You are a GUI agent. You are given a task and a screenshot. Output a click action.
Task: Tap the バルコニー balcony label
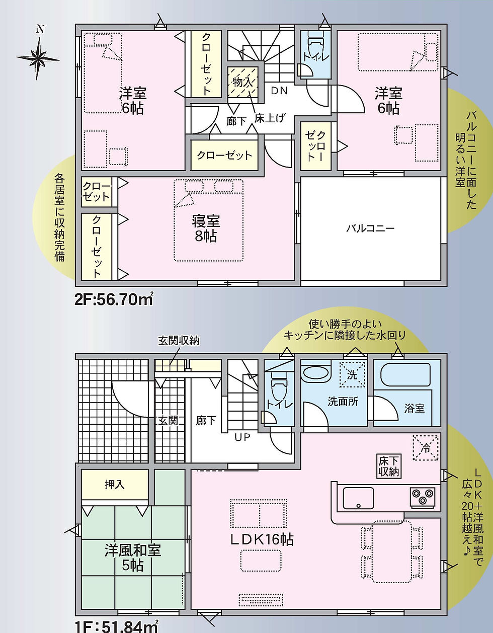(x=370, y=228)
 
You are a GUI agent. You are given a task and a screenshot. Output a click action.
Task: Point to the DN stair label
(x=279, y=91)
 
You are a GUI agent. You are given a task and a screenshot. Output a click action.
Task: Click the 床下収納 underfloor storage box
(x=389, y=466)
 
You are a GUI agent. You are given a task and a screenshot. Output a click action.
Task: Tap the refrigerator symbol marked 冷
(x=426, y=448)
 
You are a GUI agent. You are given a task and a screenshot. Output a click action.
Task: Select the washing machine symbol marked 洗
(x=352, y=374)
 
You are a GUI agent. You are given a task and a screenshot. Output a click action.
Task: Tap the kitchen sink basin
(x=359, y=498)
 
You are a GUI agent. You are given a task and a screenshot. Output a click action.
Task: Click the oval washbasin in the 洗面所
(x=316, y=373)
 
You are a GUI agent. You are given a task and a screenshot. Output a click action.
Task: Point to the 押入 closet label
(x=114, y=485)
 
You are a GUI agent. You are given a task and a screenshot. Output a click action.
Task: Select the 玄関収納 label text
(x=179, y=340)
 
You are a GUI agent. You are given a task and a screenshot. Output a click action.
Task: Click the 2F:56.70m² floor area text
(x=114, y=299)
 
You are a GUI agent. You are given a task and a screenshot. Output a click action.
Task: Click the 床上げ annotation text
(x=269, y=118)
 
